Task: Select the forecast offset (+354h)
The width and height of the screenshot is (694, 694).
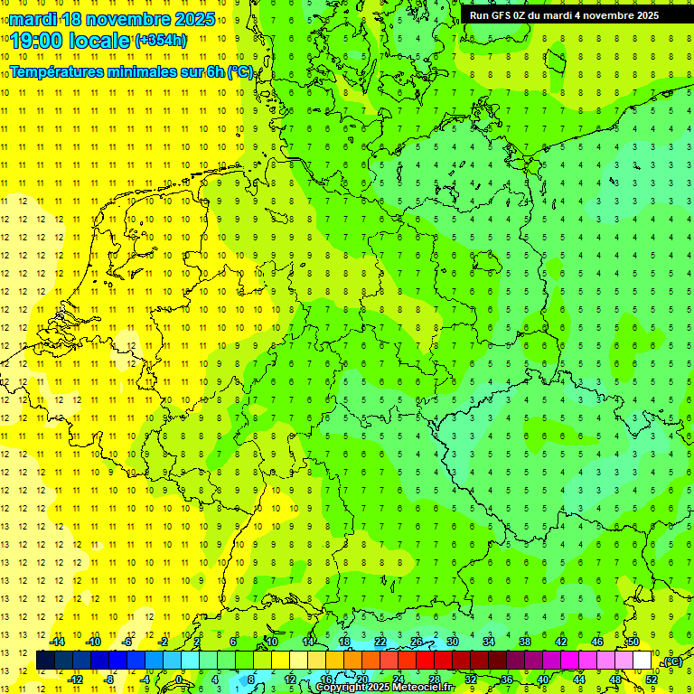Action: (161, 40)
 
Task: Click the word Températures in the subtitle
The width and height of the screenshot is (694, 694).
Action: (57, 72)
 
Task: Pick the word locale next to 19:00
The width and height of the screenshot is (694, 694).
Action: (102, 41)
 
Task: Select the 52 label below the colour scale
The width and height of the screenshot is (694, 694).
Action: (651, 679)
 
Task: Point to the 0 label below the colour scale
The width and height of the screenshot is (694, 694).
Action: (179, 679)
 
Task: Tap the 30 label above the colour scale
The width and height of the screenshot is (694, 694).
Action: (452, 642)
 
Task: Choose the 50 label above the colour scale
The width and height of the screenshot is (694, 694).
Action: (633, 642)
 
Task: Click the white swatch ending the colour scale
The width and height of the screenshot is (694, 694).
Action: (642, 660)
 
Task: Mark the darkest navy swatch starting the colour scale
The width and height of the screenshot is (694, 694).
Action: (45, 660)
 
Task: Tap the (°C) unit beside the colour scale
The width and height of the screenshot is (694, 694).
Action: (671, 661)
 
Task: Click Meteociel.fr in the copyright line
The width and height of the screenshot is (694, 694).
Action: (422, 688)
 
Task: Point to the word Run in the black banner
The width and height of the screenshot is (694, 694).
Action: (479, 15)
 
